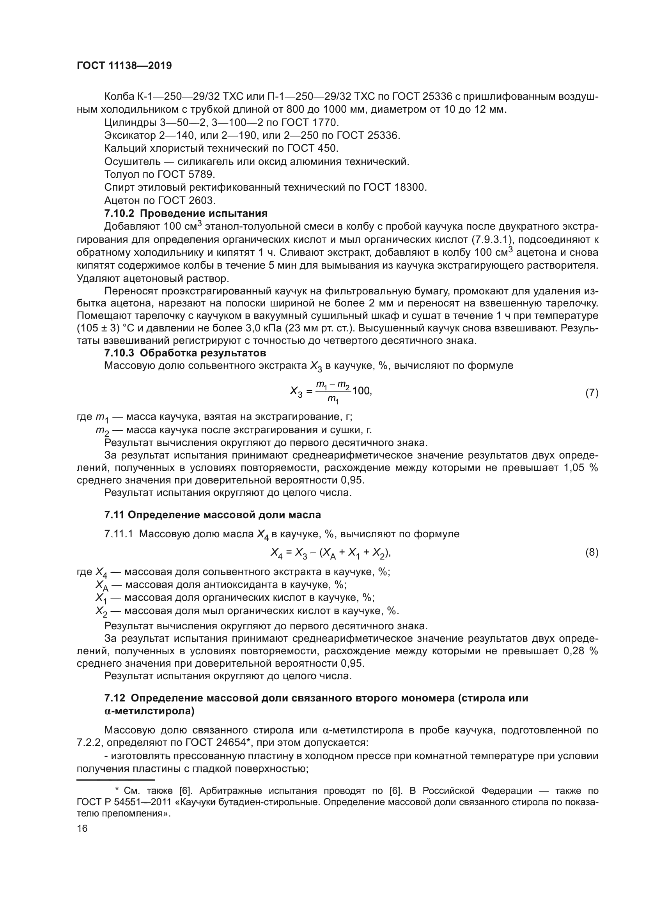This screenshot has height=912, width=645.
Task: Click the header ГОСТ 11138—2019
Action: (x=124, y=66)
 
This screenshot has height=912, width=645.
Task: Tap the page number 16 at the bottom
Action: (x=82, y=828)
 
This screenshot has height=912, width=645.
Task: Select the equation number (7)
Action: (x=592, y=393)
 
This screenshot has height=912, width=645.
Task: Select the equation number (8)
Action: (x=592, y=553)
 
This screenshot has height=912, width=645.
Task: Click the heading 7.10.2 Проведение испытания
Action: (x=186, y=214)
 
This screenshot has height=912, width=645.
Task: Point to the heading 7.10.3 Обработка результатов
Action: (x=185, y=353)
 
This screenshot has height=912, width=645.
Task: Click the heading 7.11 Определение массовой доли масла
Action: (x=212, y=515)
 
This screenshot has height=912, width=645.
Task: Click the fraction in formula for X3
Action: (x=332, y=391)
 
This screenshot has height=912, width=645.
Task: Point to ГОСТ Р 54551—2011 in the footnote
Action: (x=126, y=802)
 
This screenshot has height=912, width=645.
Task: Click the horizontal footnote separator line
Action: (x=115, y=780)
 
